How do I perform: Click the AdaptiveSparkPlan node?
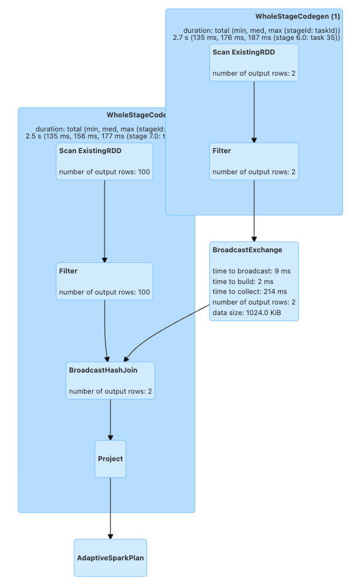[x=110, y=557]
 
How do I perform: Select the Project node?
[x=110, y=459]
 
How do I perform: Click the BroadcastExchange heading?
[x=247, y=250]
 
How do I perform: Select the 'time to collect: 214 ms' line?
[x=249, y=292]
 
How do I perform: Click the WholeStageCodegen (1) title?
[x=297, y=16]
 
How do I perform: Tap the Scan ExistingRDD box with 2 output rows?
[x=254, y=62]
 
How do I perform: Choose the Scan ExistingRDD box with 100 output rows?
[x=104, y=161]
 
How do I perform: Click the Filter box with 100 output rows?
[x=104, y=281]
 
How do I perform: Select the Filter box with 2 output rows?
[x=254, y=161]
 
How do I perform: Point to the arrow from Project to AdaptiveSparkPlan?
[x=110, y=508]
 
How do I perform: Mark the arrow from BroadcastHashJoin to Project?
[x=110, y=420]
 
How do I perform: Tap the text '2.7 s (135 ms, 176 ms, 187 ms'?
[x=222, y=38]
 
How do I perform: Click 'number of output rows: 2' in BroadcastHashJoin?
[x=111, y=391]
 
